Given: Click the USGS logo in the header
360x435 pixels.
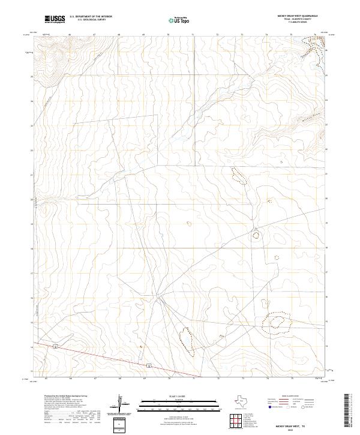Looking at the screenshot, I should pyautogui.click(x=54, y=19).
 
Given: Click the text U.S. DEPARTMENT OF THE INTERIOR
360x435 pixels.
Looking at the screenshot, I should pyautogui.click(x=91, y=17).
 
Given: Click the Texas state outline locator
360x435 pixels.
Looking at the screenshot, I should pyautogui.click(x=245, y=400).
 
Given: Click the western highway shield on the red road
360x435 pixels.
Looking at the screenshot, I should pyautogui.click(x=55, y=347).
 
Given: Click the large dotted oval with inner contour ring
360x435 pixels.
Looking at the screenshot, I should pyautogui.click(x=277, y=324).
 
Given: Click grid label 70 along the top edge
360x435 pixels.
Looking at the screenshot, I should pyautogui.click(x=168, y=35).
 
